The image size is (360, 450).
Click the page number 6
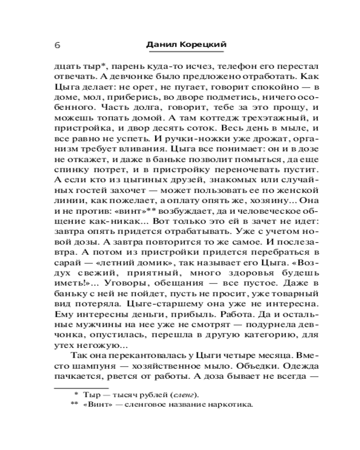coord(57,45)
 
